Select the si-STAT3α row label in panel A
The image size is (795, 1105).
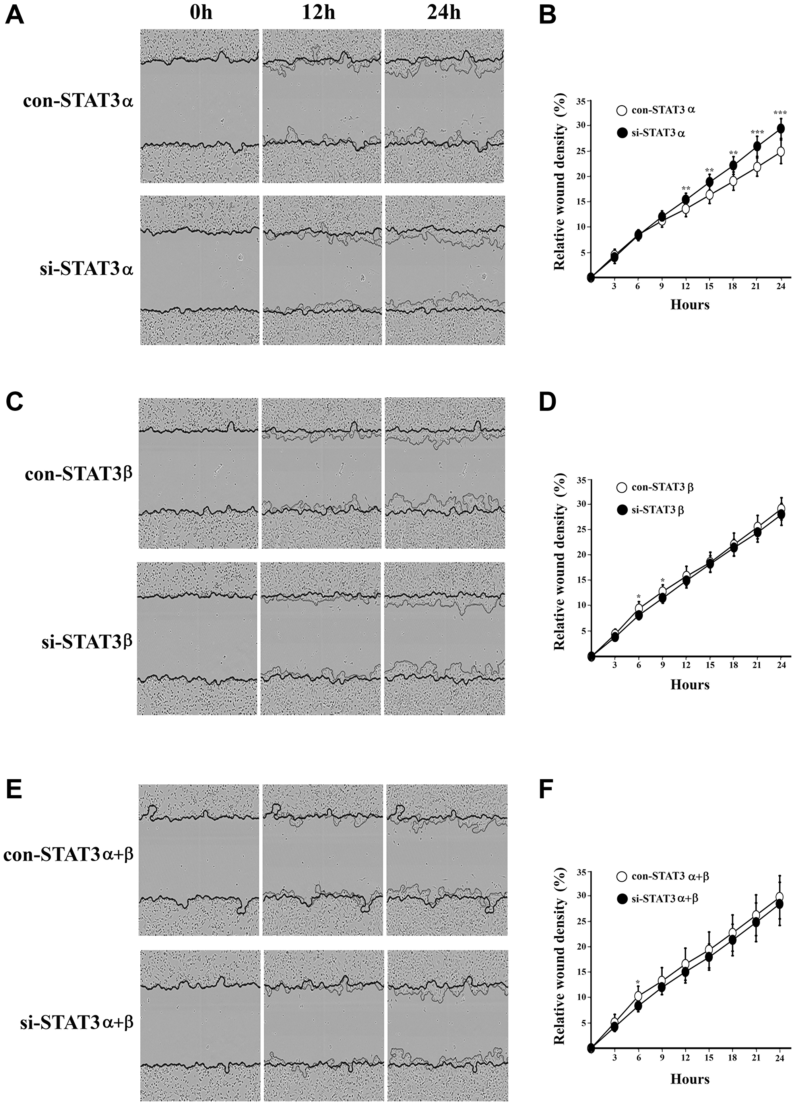pyautogui.click(x=86, y=269)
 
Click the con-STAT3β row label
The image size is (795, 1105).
pyautogui.click(x=78, y=473)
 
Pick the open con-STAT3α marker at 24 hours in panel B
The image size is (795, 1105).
pyautogui.click(x=780, y=151)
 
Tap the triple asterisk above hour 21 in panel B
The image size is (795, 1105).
pyautogui.click(x=757, y=133)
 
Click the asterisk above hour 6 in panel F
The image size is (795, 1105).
pyautogui.click(x=638, y=982)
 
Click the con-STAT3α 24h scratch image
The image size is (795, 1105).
pyautogui.click(x=444, y=106)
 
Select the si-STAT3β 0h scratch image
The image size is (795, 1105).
pyautogui.click(x=198, y=639)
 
